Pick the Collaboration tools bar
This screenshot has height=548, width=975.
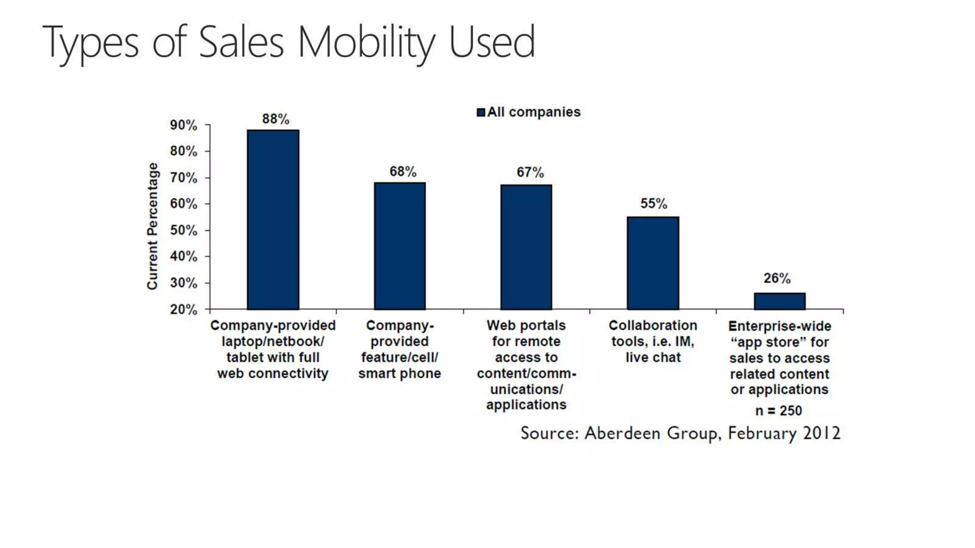click(x=653, y=263)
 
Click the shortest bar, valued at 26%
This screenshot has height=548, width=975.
click(x=779, y=301)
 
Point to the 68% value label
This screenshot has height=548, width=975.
click(x=403, y=171)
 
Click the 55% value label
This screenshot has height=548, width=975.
click(x=653, y=204)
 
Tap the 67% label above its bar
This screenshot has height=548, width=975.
click(x=530, y=172)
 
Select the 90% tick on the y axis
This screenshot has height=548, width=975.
click(x=183, y=125)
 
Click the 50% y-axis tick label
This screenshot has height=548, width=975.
click(x=183, y=230)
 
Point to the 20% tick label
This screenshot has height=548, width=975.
click(x=183, y=310)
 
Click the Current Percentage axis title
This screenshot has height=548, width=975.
click(x=152, y=226)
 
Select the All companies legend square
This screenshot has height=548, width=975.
click(x=481, y=112)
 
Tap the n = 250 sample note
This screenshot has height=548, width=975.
click(x=778, y=411)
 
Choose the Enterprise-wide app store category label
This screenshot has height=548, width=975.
click(x=779, y=358)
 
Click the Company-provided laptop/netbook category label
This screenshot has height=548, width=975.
click(x=273, y=349)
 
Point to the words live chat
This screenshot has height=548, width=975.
click(x=653, y=357)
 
